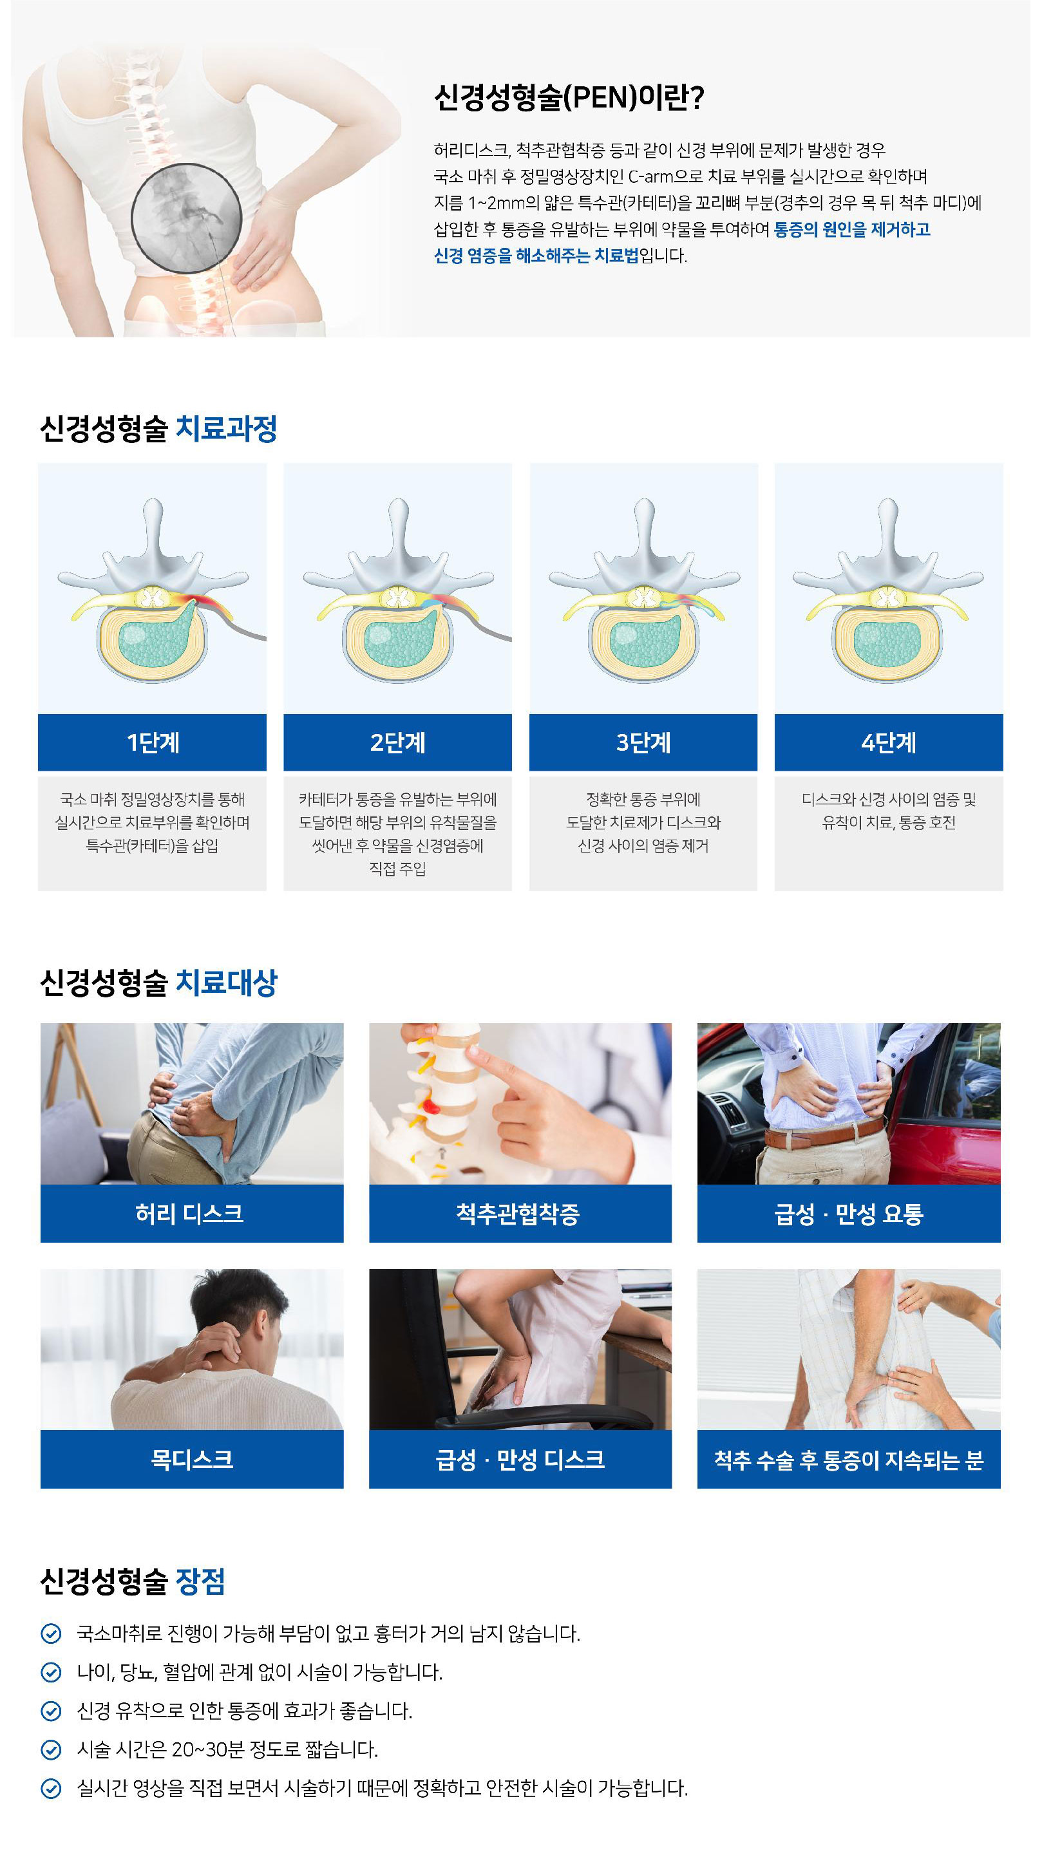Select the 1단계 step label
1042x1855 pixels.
point(153,742)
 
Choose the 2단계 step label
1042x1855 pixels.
point(397,742)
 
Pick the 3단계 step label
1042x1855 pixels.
point(643,742)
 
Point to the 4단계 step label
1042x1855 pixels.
point(889,742)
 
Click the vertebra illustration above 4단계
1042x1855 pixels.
point(888,590)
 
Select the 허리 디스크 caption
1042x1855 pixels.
point(189,1214)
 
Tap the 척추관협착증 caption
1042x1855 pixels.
point(518,1214)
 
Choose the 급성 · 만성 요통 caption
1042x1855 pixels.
point(848,1214)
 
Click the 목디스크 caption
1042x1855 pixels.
point(191,1459)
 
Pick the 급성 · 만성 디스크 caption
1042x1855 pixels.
point(520,1460)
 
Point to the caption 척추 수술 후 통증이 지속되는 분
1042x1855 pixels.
point(848,1460)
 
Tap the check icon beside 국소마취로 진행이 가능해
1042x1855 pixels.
point(51,1634)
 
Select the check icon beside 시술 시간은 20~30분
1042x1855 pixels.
point(51,1750)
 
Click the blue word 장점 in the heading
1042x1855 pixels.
point(201,1581)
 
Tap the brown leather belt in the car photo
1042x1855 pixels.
point(824,1132)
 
